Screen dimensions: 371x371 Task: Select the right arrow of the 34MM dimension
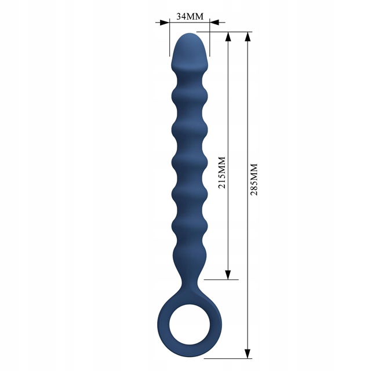point(214,23)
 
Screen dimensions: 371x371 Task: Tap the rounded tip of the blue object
point(190,37)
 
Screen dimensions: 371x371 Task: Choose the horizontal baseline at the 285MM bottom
point(232,358)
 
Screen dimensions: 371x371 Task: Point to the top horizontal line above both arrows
point(232,32)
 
